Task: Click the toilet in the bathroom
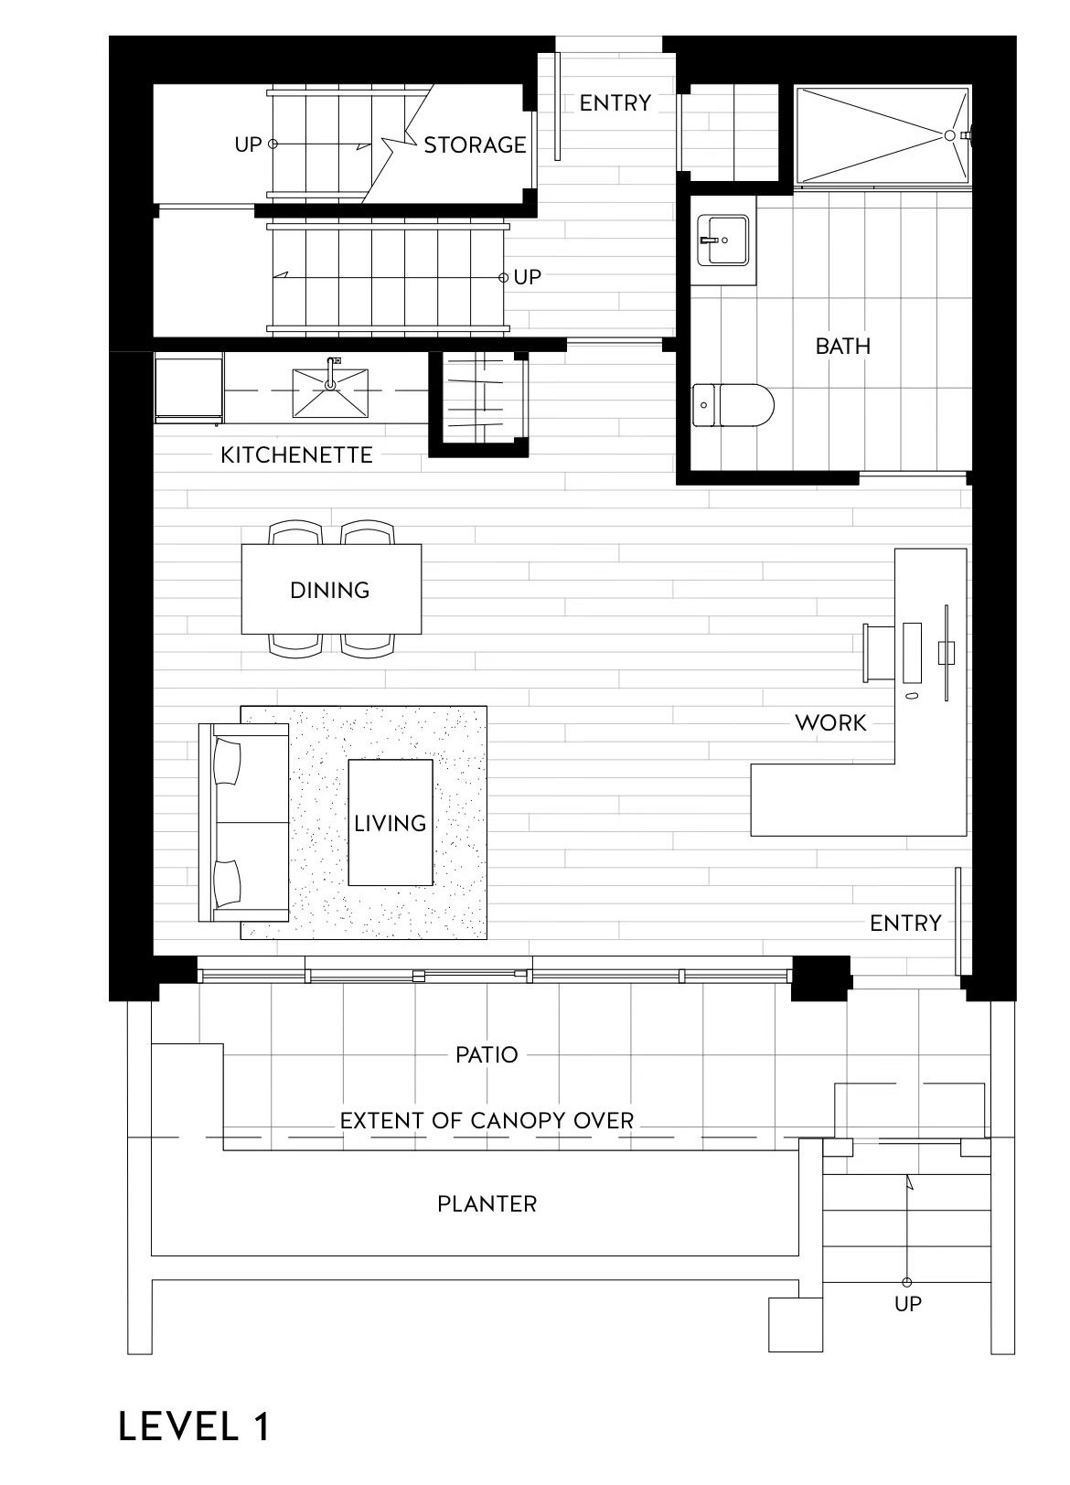(x=733, y=404)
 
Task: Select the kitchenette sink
(x=330, y=393)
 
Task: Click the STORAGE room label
(x=475, y=144)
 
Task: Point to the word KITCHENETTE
(x=296, y=454)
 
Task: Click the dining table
(x=331, y=589)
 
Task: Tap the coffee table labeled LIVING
(x=391, y=822)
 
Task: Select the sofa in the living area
(x=244, y=823)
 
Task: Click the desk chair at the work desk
(x=876, y=652)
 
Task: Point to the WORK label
(x=830, y=722)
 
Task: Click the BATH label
(x=842, y=346)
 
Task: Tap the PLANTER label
(x=487, y=1203)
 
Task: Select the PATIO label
(x=487, y=1054)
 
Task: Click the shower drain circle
(x=949, y=135)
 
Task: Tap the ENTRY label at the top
(x=615, y=102)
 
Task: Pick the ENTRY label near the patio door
(x=905, y=923)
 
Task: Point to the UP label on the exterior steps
(x=907, y=1303)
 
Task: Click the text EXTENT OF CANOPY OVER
(x=487, y=1120)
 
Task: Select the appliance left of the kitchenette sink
(x=189, y=388)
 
